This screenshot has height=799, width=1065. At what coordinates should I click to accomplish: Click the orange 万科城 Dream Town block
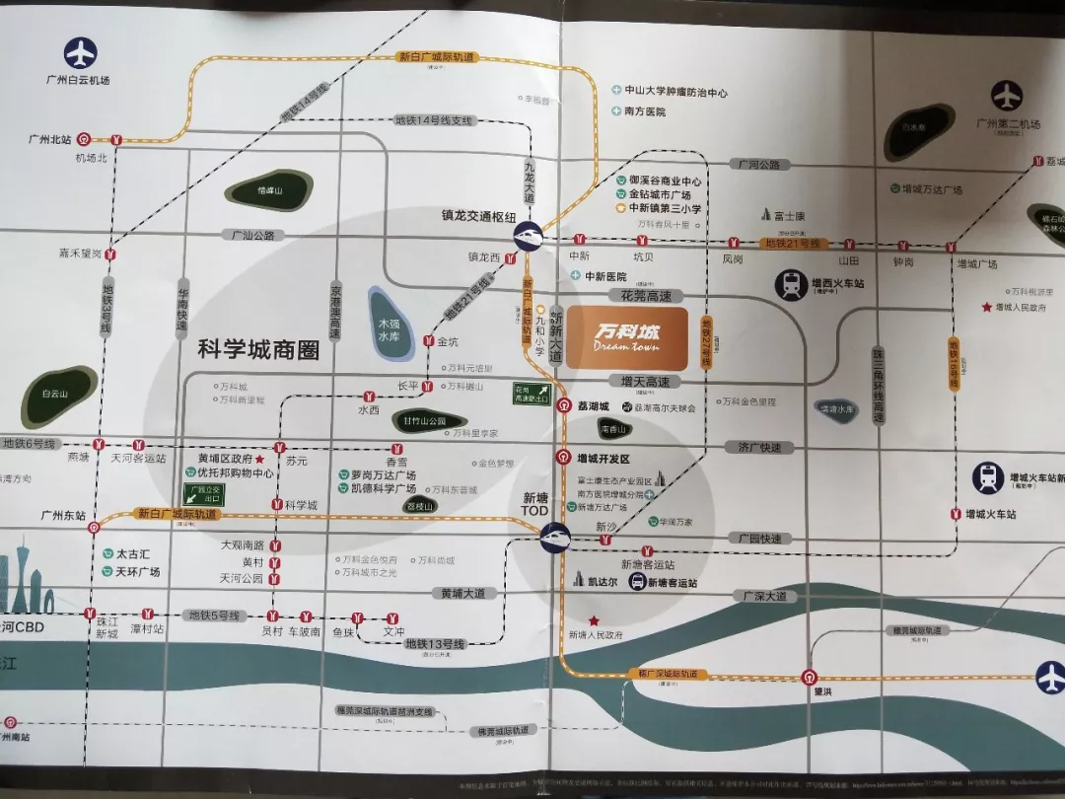(626, 337)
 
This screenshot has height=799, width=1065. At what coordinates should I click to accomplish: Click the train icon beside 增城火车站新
(988, 478)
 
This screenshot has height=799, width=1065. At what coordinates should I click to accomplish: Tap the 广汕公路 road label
(252, 236)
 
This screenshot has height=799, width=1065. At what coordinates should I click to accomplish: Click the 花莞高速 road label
(646, 295)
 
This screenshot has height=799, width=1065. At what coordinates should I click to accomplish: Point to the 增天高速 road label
(645, 382)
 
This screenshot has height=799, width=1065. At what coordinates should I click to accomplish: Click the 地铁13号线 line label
(432, 644)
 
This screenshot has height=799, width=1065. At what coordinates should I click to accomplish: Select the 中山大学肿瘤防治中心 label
(675, 92)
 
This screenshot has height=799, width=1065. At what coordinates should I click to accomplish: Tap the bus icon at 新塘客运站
(638, 583)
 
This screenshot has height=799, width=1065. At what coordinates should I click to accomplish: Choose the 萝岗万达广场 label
(383, 474)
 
